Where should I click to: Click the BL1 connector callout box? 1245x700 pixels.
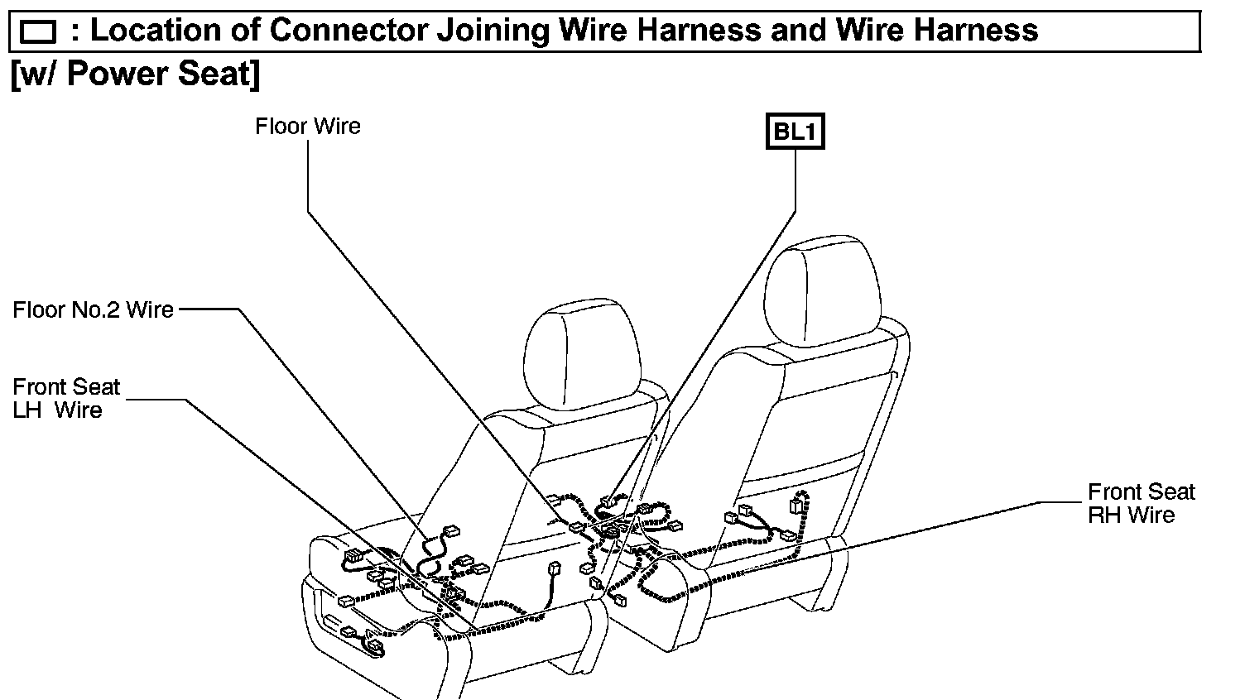(x=795, y=132)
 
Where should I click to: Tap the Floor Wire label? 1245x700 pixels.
(x=308, y=127)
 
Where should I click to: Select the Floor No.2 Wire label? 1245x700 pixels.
(x=93, y=310)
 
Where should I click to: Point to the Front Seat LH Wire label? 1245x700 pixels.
(x=66, y=399)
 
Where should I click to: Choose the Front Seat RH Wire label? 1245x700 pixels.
(x=1141, y=503)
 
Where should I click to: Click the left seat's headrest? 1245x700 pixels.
(x=584, y=356)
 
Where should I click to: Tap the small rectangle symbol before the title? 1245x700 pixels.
(x=38, y=32)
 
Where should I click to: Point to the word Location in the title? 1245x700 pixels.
(x=161, y=31)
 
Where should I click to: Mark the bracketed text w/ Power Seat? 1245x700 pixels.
(x=135, y=74)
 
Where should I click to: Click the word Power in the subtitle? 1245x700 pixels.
(x=113, y=74)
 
